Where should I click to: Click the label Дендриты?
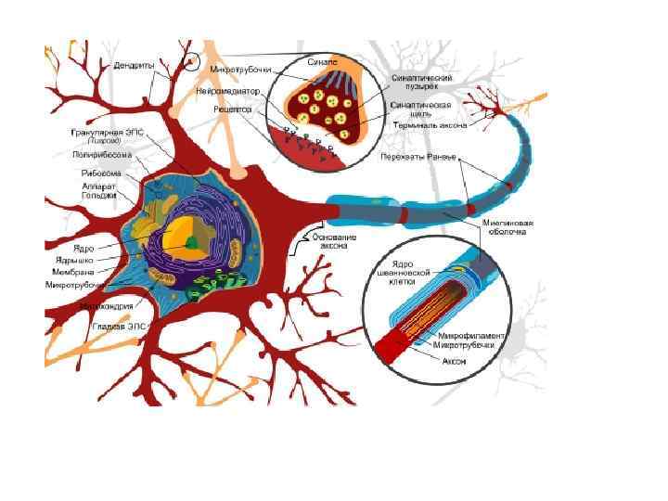pos(134,66)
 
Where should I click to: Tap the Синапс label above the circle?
pos(326,61)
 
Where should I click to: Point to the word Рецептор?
pos(233,109)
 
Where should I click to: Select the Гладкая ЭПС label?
pos(120,327)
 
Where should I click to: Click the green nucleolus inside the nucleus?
pos(191,242)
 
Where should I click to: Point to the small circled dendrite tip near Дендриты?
pos(191,62)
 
